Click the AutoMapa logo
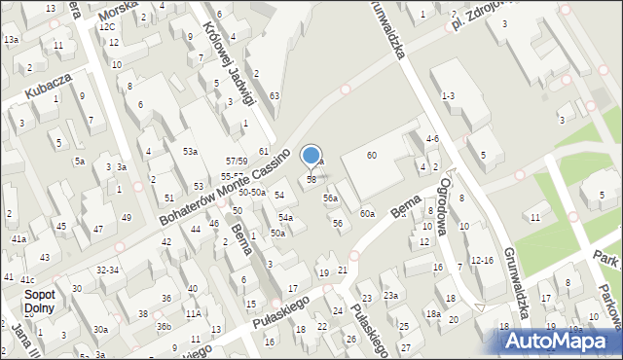click(x=557, y=341)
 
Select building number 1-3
click(x=448, y=95)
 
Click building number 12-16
click(x=482, y=260)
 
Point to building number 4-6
click(x=432, y=139)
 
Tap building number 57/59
click(x=236, y=161)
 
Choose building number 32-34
click(x=107, y=270)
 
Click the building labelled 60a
click(x=367, y=213)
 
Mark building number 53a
click(x=190, y=152)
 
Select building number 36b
click(x=164, y=326)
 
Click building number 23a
click(x=390, y=295)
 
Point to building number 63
click(x=275, y=95)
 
